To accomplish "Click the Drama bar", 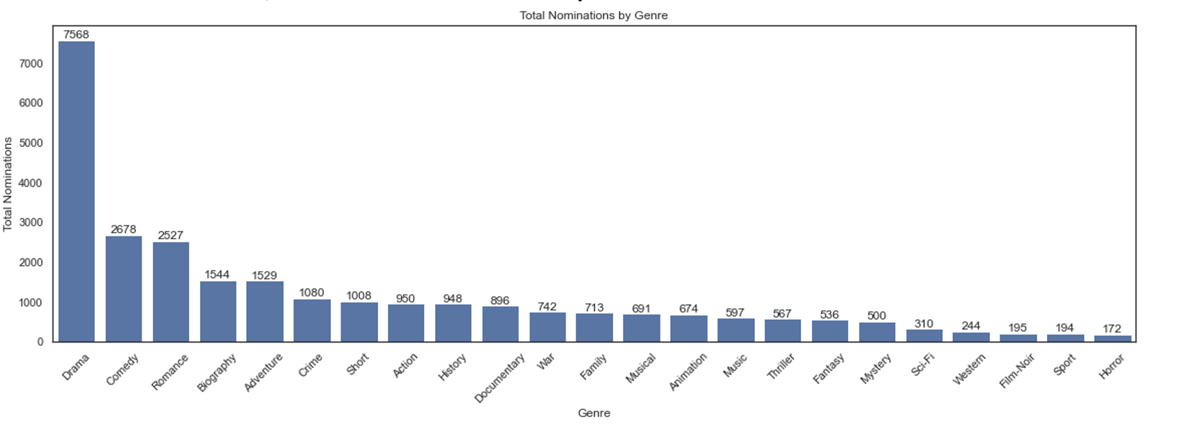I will (x=76, y=192).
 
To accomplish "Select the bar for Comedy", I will (x=123, y=289).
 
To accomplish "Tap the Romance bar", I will (x=171, y=292).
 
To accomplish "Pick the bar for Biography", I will (x=218, y=312).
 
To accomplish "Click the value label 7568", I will (x=76, y=34).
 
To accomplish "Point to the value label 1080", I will (x=312, y=293).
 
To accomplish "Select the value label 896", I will (x=500, y=300).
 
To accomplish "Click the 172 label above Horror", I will (x=1112, y=328).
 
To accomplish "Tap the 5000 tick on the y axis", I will (x=31, y=143).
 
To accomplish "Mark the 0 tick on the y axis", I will (x=40, y=342).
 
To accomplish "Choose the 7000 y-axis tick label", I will (x=31, y=63).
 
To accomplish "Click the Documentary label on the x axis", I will (x=499, y=379).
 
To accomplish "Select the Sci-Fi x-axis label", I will (x=923, y=365).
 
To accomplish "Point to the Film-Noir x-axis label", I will (x=1016, y=371).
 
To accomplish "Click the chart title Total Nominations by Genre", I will (x=594, y=15).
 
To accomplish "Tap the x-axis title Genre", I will (x=594, y=413).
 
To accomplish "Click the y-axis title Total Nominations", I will (x=8, y=184).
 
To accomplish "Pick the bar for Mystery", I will (x=877, y=332).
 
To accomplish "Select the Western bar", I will (x=971, y=337).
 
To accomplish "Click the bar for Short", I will (x=359, y=322).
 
